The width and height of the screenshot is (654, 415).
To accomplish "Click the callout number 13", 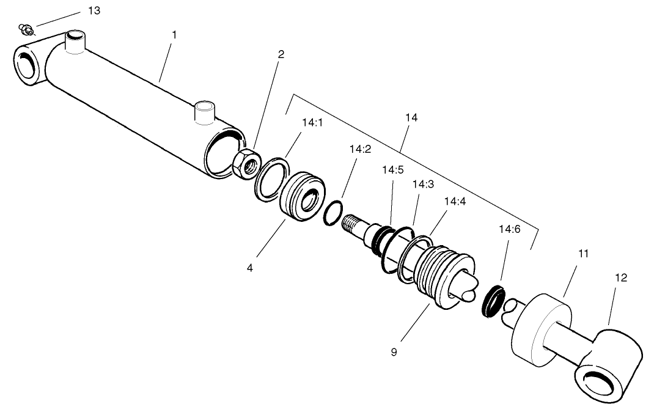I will [94, 11].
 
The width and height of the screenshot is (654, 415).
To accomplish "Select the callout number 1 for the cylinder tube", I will [174, 35].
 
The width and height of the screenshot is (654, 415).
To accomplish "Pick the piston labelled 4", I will [302, 197].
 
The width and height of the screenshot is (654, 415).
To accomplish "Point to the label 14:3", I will [422, 184].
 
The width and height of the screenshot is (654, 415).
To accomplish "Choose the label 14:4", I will [455, 200].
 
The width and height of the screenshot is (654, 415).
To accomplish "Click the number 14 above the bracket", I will [411, 117].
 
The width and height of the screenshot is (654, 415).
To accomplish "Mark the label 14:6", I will [509, 230].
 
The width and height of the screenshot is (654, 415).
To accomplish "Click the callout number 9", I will [394, 352].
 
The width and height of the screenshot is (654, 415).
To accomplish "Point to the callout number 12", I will [620, 277].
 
